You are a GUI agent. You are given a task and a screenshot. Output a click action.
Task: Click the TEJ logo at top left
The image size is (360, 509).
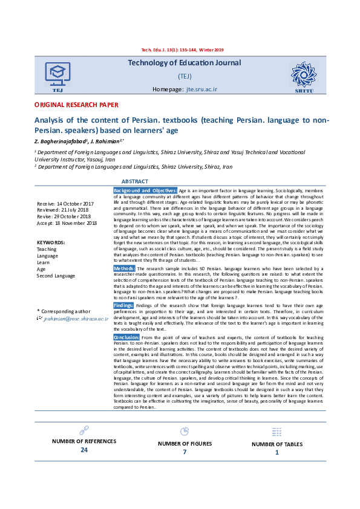pos(58,77)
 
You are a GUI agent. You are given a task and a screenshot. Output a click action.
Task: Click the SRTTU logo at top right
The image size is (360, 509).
pos(304,77)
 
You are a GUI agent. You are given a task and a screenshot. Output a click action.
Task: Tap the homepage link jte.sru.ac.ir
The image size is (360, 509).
pos(202,89)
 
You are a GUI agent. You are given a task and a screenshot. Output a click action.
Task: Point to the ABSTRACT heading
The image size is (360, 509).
pos(135,181)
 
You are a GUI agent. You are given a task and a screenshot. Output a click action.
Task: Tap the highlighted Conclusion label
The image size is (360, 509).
pos(127,337)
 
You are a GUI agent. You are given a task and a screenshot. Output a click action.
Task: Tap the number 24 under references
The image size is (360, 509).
pos(84,450)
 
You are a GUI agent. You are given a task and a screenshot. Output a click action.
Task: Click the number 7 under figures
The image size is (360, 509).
pos(185,452)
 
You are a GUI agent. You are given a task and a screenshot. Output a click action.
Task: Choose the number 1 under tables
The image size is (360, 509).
pos(277,452)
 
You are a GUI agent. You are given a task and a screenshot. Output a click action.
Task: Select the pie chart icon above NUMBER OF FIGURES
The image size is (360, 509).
pos(185,431)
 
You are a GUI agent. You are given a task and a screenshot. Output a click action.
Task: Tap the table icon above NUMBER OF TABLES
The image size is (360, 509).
pos(277,432)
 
